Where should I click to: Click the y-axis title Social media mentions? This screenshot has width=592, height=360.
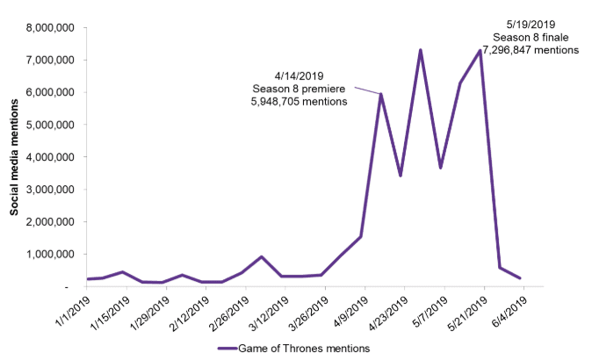pyautogui.click(x=15, y=157)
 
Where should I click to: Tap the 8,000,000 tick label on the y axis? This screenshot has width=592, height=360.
pyautogui.click(x=51, y=27)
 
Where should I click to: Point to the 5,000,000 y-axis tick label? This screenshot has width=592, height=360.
pyautogui.click(x=51, y=125)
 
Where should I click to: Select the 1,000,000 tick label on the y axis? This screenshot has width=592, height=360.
pyautogui.click(x=51, y=254)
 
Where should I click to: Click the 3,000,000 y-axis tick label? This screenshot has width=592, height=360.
pyautogui.click(x=51, y=189)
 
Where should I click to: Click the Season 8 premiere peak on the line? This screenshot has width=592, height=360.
pyautogui.click(x=381, y=94)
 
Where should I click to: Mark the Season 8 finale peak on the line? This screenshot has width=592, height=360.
pyautogui.click(x=481, y=50)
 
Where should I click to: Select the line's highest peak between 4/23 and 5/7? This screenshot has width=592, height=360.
pyautogui.click(x=421, y=50)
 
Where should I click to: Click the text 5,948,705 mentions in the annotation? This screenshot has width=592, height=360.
pyautogui.click(x=300, y=101)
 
